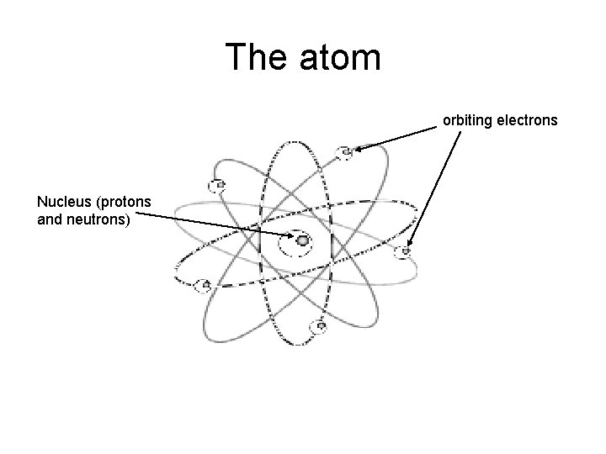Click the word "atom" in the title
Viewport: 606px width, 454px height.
(342, 57)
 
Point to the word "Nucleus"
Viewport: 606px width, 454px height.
(63, 202)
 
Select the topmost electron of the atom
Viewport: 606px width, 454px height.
(344, 152)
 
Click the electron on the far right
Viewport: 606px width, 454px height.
(407, 251)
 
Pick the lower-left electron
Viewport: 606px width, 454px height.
(201, 285)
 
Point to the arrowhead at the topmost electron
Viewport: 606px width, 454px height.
(358, 149)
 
